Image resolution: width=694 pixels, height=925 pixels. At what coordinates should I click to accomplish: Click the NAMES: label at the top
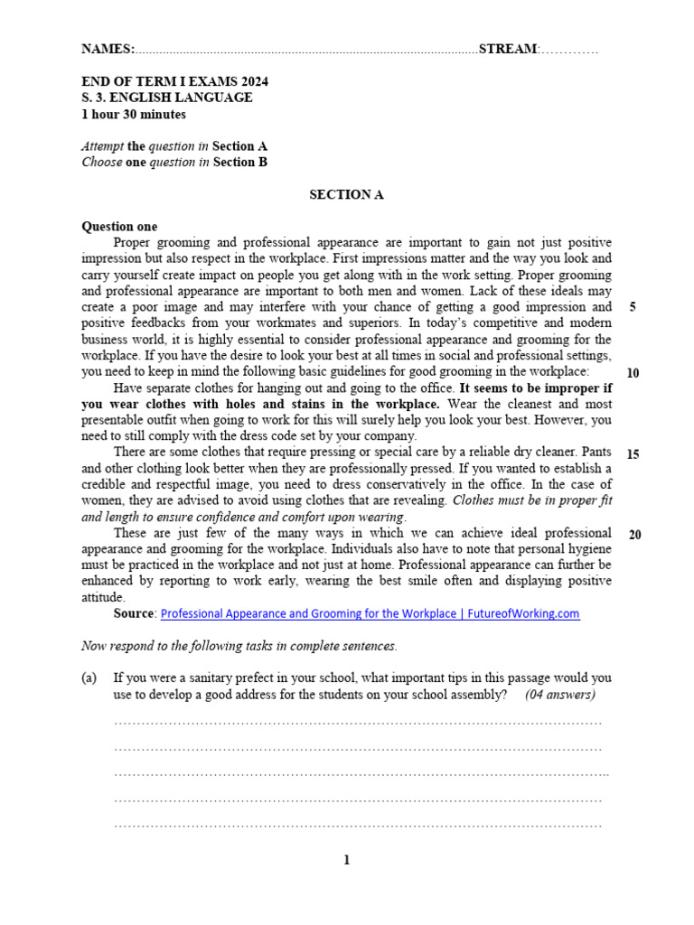(108, 49)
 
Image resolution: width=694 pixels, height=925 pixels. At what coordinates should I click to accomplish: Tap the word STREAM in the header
(507, 49)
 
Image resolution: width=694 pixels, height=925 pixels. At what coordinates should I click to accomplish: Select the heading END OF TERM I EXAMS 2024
(174, 81)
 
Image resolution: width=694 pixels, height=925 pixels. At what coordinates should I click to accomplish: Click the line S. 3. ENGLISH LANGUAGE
(167, 98)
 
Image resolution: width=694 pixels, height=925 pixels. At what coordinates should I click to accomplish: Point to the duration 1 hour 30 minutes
(134, 114)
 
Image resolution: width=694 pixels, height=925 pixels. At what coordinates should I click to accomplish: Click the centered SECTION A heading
(346, 194)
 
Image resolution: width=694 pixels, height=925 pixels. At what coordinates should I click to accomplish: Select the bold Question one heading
(119, 227)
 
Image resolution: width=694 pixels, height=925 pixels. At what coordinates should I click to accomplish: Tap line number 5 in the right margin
(633, 307)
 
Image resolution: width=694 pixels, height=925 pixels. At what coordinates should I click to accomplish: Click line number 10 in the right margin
(633, 372)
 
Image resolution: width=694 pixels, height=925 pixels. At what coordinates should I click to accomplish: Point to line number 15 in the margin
(633, 453)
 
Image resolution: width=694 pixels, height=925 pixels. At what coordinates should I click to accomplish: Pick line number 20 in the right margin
(634, 535)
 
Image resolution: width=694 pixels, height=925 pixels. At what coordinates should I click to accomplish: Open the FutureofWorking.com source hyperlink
(370, 613)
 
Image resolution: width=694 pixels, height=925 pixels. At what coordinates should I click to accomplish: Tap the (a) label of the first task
(89, 677)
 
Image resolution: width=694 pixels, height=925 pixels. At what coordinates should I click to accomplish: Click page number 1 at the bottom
(346, 860)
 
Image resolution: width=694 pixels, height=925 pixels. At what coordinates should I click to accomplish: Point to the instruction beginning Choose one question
(174, 163)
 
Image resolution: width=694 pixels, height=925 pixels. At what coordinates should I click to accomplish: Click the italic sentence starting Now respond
(239, 646)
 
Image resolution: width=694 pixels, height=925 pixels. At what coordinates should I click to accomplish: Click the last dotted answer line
(358, 825)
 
